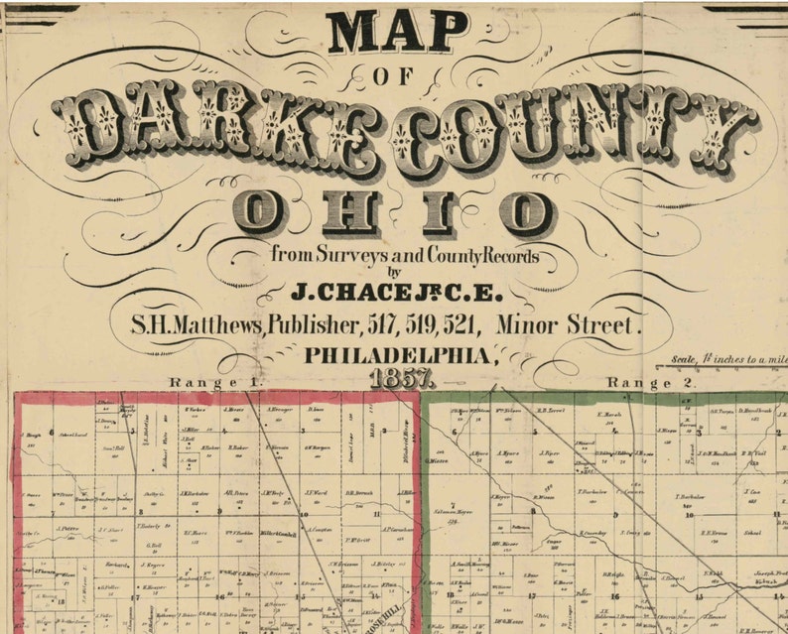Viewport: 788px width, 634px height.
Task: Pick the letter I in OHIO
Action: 440,212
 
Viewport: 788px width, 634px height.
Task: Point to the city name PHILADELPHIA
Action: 397,354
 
